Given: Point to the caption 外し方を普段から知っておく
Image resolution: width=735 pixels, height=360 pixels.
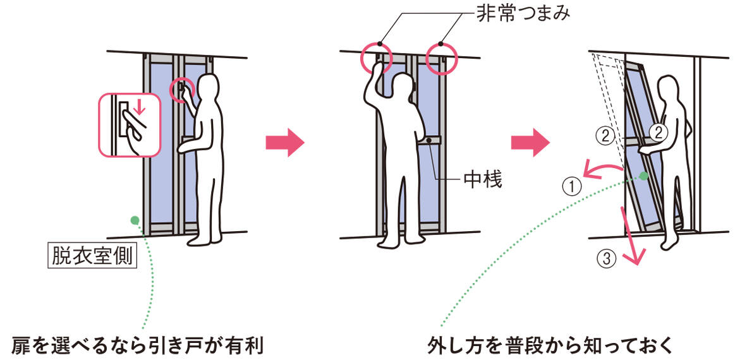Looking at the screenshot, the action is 549,346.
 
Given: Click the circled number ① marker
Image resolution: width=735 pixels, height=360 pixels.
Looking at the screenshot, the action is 571,186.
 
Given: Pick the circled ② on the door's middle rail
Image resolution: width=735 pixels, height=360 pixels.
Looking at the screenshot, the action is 658,133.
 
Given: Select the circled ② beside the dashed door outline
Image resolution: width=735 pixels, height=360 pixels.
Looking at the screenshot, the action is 605,136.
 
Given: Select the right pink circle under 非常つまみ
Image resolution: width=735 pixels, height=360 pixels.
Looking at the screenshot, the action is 440,59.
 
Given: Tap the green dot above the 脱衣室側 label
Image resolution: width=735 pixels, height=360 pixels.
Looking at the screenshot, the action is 135,219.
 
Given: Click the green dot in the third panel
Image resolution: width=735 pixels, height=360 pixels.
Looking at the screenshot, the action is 643,176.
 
